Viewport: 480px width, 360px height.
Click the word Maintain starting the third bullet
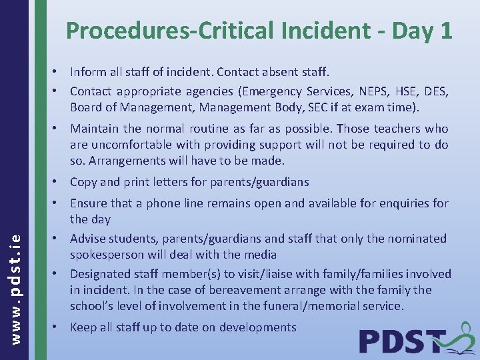[94, 129]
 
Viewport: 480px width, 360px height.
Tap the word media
[261, 255]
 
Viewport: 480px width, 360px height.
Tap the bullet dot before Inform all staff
[59, 71]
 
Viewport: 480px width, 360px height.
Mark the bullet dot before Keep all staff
[59, 327]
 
